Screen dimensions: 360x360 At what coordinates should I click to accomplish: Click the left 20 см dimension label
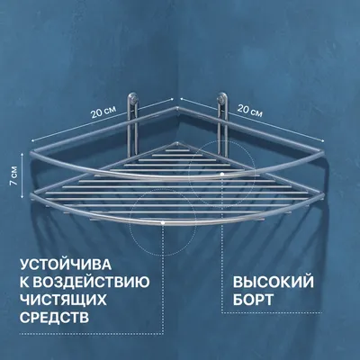(x=103, y=112)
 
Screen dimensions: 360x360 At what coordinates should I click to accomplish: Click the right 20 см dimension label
(x=250, y=111)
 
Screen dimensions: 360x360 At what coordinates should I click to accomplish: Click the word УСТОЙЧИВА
(x=66, y=265)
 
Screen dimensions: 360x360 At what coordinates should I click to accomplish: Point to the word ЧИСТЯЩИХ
(x=63, y=300)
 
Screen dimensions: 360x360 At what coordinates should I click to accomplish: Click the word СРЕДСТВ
(x=55, y=318)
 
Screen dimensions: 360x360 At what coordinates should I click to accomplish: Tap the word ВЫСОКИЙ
(x=274, y=283)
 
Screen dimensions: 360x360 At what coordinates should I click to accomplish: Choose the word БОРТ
(x=254, y=300)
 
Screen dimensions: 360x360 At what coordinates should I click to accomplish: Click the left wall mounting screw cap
(x=132, y=97)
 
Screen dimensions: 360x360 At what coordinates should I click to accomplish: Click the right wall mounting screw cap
(x=222, y=97)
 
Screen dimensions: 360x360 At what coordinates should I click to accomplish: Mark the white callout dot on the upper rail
(x=222, y=174)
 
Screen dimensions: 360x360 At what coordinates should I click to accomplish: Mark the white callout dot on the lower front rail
(x=162, y=223)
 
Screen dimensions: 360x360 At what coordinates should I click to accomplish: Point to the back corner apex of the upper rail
(x=177, y=107)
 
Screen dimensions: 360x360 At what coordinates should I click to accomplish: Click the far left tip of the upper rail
(x=31, y=150)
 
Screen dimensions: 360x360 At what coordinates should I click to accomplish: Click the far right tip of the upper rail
(x=323, y=153)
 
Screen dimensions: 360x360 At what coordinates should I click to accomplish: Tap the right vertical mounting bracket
(x=222, y=124)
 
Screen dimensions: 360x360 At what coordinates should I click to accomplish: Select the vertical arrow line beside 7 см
(x=22, y=175)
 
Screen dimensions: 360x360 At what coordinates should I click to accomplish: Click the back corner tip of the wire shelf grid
(x=177, y=143)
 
